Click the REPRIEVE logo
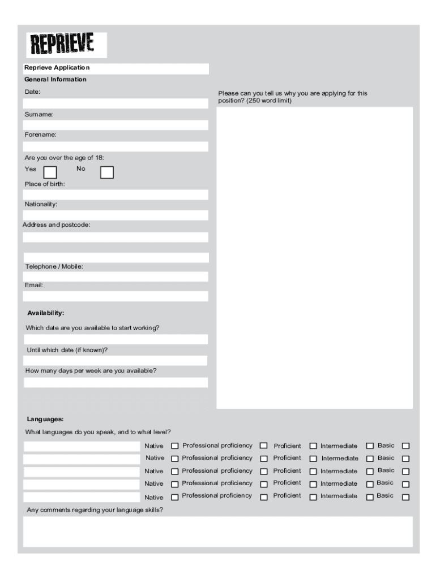(66, 45)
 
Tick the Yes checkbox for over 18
(50, 172)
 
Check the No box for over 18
(106, 172)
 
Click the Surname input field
(116, 125)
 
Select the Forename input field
(116, 146)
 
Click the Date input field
(116, 103)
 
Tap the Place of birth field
(116, 195)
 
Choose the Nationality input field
(116, 215)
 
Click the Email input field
(116, 296)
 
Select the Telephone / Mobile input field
(116, 276)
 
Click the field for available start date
(116, 339)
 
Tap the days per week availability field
(116, 382)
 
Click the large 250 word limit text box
(314, 257)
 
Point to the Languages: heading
(45, 419)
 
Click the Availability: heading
(46, 313)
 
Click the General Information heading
(55, 79)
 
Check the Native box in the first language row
(175, 446)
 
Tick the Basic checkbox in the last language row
(405, 498)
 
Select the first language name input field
(81, 446)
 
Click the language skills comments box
(218, 532)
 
